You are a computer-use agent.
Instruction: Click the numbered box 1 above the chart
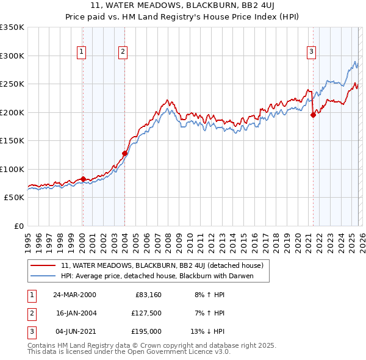[81, 52]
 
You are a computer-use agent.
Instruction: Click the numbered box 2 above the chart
[123, 52]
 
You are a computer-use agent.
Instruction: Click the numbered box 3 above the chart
[311, 52]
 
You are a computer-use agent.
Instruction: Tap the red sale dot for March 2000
[83, 179]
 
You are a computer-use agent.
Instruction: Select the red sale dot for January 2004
[124, 154]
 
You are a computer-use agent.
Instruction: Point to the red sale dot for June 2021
[313, 115]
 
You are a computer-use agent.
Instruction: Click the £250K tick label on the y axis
[12, 84]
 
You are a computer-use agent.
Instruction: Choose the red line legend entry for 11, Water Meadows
[162, 265]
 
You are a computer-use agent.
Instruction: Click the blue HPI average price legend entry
[157, 276]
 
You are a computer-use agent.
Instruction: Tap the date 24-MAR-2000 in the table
[75, 295]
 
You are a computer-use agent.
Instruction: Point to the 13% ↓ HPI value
[208, 331]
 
